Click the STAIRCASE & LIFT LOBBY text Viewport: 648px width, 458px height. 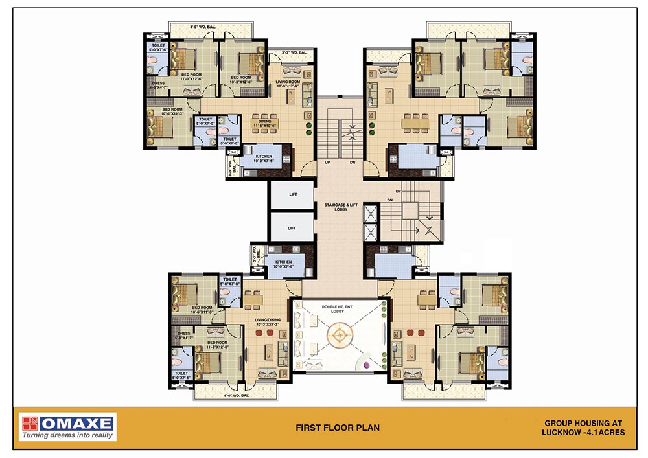pyautogui.click(x=341, y=207)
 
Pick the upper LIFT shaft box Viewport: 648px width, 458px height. pyautogui.click(x=292, y=195)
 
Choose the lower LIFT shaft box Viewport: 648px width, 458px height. pyautogui.click(x=292, y=228)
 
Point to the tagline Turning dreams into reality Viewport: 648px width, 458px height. pyautogui.click(x=67, y=435)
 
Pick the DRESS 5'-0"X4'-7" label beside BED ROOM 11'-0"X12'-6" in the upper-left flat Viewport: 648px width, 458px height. pyautogui.click(x=158, y=84)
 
